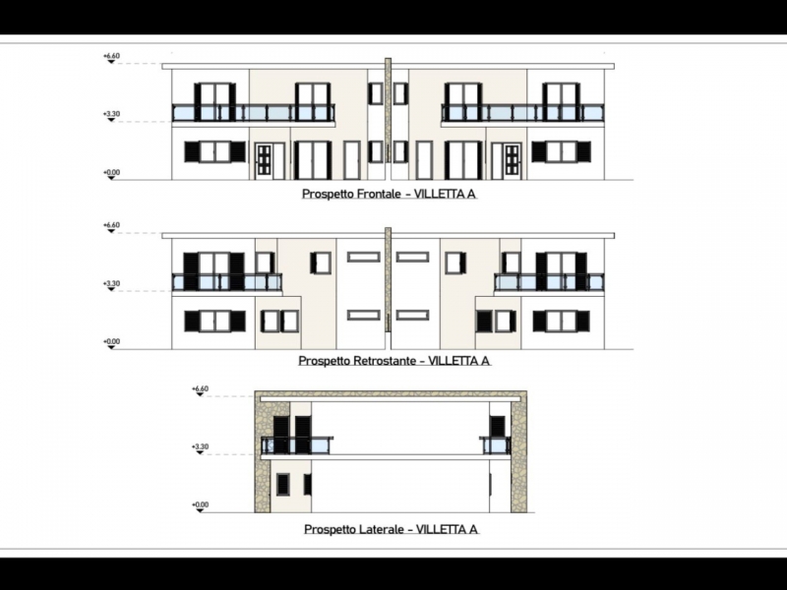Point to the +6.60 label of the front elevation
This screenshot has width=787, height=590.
point(111,56)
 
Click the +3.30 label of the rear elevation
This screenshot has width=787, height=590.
point(111,283)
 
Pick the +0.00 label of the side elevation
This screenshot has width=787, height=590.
point(200,504)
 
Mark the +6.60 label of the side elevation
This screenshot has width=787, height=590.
point(200,388)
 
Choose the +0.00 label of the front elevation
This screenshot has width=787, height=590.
point(111,173)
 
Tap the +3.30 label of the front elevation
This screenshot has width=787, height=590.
point(111,114)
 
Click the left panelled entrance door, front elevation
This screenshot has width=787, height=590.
point(264,161)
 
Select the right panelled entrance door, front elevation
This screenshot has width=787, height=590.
point(512,161)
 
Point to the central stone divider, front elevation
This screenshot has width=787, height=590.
point(388,119)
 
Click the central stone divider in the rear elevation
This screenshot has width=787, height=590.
point(388,279)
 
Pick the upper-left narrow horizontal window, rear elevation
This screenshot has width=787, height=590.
point(364,258)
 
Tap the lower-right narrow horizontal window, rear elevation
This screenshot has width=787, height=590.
point(412,316)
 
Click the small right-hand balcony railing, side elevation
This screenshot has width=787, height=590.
point(496,445)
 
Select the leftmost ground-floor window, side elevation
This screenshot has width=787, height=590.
point(283,484)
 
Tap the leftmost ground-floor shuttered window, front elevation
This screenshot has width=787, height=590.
point(214,151)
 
